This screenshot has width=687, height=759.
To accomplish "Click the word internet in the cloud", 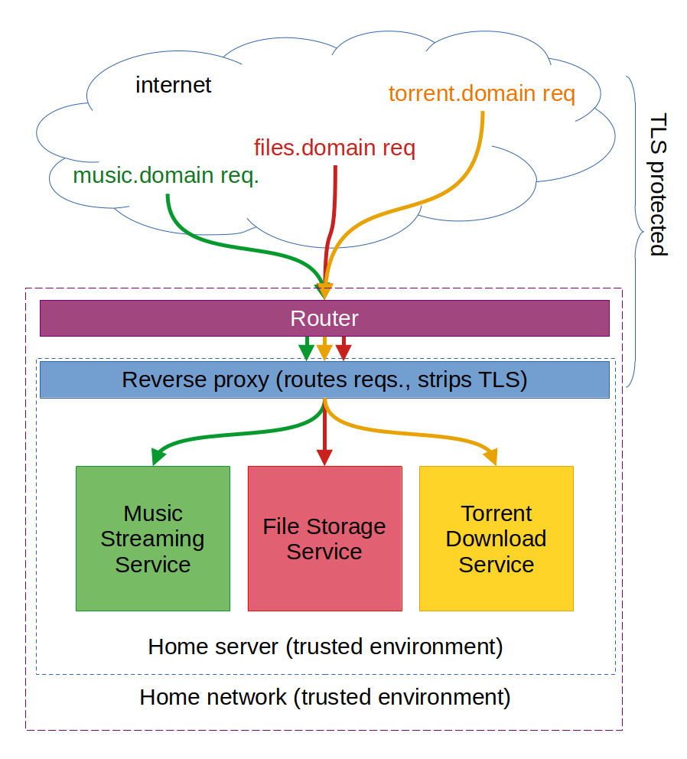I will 173,84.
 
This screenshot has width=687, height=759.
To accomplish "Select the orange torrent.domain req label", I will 481,93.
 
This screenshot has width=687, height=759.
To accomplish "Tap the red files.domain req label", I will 334,147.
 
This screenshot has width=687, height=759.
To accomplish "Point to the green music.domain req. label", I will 166,176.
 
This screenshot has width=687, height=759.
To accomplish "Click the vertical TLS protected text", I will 657,185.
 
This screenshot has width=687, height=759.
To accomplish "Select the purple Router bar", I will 191,318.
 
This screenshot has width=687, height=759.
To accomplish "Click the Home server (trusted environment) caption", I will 325,647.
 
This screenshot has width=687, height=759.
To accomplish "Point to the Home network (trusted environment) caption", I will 325,697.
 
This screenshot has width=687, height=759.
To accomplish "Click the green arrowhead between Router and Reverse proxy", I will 307,353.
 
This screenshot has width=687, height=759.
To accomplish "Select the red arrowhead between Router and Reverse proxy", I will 343,353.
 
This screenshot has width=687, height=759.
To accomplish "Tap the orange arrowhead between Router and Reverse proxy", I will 325,353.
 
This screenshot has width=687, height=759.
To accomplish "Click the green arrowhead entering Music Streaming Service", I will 158,458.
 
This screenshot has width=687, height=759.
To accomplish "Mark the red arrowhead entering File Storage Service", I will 324,458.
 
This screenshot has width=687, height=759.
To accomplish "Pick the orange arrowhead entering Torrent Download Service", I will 490,458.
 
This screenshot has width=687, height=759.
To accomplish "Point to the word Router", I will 324,318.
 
